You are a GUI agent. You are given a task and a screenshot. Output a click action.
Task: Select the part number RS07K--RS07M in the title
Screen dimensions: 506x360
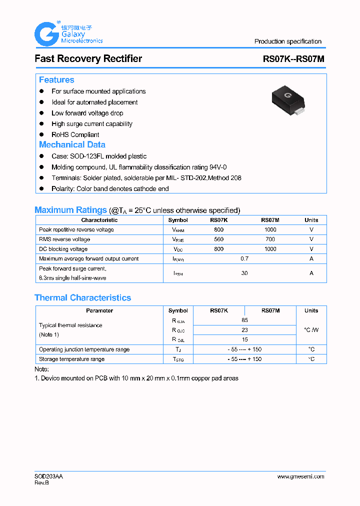(293, 59)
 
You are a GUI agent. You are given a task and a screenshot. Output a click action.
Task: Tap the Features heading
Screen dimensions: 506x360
(56, 80)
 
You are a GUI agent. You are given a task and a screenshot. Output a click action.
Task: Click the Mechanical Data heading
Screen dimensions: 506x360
(72, 144)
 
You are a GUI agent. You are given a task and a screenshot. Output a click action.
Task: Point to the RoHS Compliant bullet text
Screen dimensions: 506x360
(75, 134)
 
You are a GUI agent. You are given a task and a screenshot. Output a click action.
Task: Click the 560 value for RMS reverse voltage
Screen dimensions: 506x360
(218, 239)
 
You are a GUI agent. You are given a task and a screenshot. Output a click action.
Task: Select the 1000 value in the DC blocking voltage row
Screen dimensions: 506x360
(270, 249)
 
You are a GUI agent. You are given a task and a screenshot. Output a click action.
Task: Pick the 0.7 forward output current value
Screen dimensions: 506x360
(244, 258)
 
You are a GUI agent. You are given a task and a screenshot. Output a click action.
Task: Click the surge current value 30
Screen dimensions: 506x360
(244, 273)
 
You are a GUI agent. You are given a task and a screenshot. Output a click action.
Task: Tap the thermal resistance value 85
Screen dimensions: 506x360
(244, 320)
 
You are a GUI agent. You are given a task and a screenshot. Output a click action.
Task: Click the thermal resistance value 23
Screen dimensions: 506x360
(244, 330)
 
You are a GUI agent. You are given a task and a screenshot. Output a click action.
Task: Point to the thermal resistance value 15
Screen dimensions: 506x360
(244, 339)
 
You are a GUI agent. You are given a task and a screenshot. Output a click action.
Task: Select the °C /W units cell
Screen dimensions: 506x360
(311, 330)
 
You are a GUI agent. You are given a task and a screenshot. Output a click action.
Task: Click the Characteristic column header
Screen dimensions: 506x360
(99, 220)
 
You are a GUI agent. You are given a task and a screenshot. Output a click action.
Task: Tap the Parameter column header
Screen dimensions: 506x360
(99, 310)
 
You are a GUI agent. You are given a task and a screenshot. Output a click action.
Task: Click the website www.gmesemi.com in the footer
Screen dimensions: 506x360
(300, 476)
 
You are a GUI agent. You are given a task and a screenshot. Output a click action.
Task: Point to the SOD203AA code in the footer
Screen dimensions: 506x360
(48, 476)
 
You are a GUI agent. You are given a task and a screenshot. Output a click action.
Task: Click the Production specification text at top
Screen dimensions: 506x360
(287, 41)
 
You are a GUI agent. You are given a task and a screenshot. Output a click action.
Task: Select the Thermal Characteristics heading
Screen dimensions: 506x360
(82, 297)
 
